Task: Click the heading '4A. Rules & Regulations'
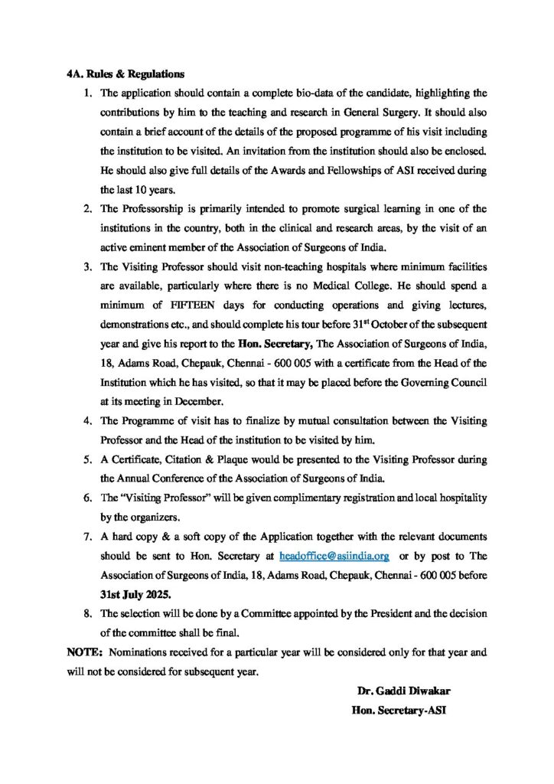pos(125,75)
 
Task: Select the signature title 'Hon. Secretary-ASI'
pos(398,710)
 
